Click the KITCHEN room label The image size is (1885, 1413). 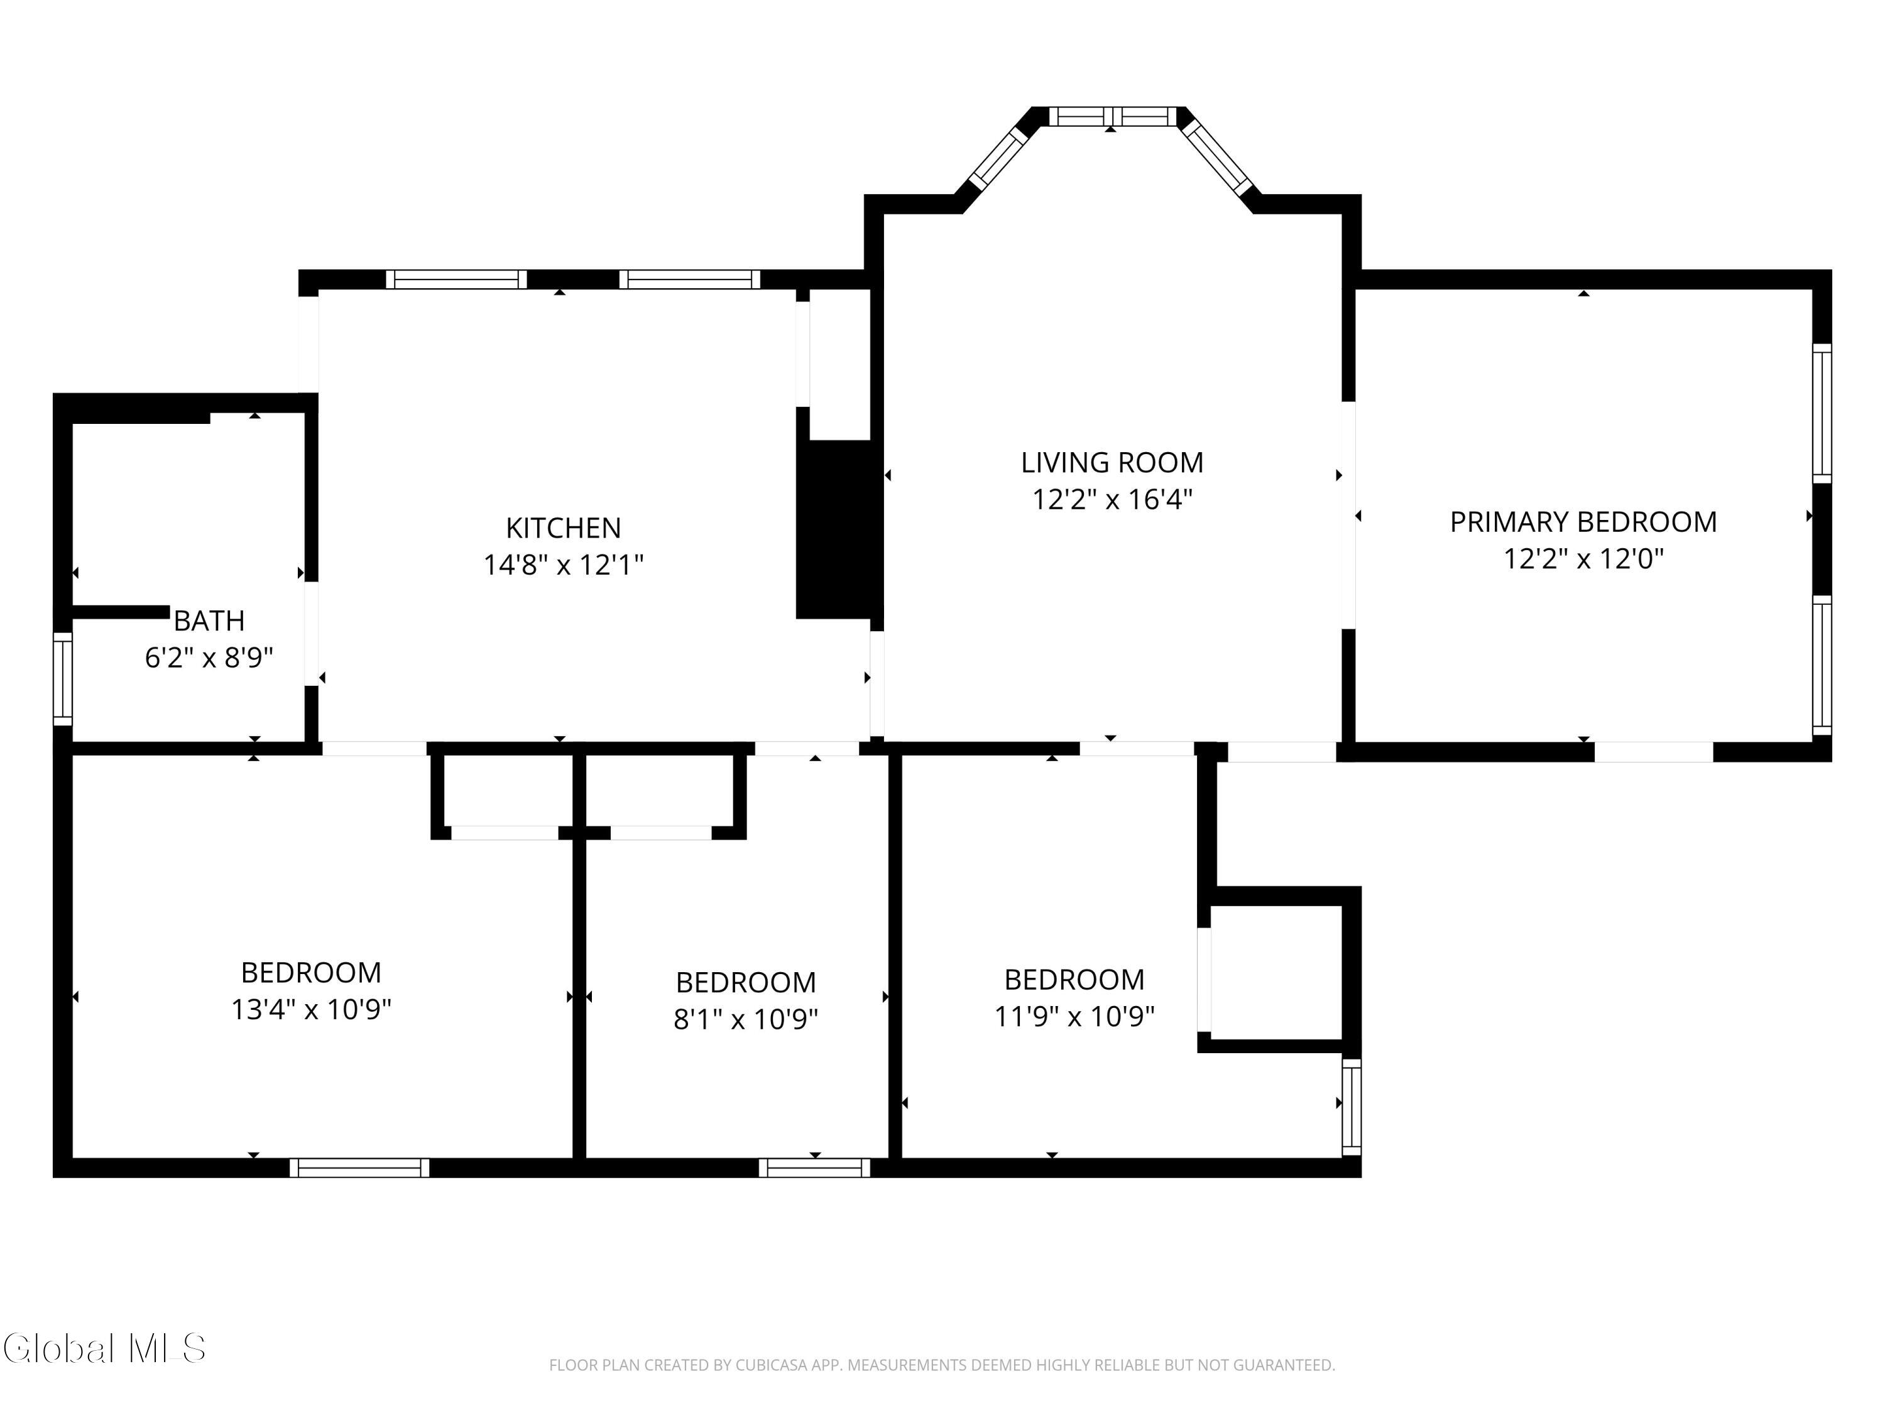coord(563,528)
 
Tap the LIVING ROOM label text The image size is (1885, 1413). coord(1112,462)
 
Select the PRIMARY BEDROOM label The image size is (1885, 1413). coord(1583,522)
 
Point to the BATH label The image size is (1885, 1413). coord(209,621)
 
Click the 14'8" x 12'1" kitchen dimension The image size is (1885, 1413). coord(563,565)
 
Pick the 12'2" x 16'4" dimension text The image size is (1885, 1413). coord(1112,499)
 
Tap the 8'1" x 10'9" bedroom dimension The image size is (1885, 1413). coord(746,1019)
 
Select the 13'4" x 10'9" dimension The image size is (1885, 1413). coord(311,1009)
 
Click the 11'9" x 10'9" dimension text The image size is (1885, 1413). coord(1074,1016)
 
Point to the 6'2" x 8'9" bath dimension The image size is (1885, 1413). coord(209,658)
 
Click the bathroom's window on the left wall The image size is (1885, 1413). coord(63,679)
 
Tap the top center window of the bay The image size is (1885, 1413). coord(1112,117)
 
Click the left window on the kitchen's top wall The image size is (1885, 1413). coord(456,279)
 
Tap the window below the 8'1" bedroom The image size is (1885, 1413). coord(815,1167)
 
